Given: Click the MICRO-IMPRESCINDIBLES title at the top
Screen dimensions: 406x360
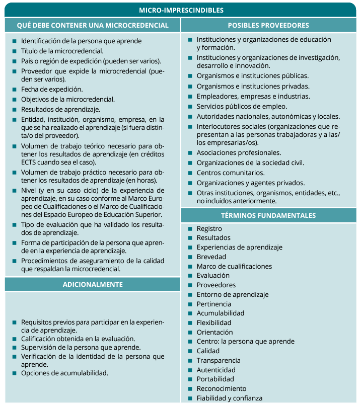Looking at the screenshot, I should tap(181, 10).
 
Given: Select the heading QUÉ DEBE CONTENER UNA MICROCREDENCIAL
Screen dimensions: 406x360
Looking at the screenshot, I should tap(93, 25).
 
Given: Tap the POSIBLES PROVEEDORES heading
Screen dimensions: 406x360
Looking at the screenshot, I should tap(268, 25).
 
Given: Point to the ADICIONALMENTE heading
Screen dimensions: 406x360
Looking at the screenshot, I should tap(93, 284).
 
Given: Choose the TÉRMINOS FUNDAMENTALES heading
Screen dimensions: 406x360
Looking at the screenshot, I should tap(268, 215).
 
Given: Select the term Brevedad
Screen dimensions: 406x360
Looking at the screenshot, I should tap(211, 257).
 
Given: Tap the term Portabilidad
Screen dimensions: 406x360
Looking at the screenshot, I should tap(215, 379).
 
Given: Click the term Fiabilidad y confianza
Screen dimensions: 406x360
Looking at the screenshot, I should tap(229, 398).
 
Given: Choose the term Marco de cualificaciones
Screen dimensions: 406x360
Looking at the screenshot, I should tap(234, 266).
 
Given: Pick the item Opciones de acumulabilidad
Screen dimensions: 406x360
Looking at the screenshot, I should tap(64, 373).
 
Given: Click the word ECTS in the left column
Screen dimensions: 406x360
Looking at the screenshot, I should tap(29, 163).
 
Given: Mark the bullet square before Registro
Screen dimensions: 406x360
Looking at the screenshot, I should tap(190, 228).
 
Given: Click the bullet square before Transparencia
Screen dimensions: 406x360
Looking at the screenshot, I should tap(190, 361).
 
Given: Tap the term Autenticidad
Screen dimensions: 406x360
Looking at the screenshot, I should tap(215, 370).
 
